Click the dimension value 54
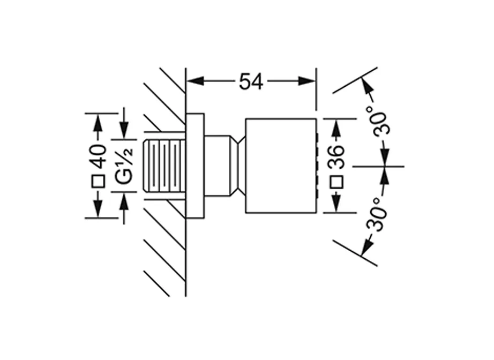[x=251, y=81]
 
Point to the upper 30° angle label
[x=384, y=123]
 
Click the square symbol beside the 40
[x=98, y=182]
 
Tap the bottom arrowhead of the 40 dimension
[x=98, y=209]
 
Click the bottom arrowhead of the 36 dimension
[x=336, y=205]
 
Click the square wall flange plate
[x=194, y=166]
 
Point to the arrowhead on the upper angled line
[x=366, y=86]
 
